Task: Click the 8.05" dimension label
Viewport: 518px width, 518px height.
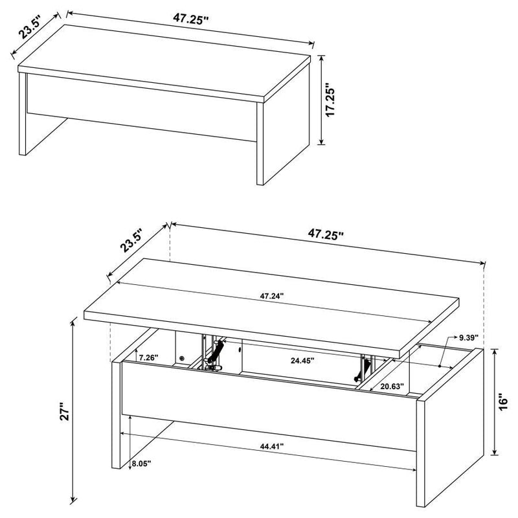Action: click(140, 464)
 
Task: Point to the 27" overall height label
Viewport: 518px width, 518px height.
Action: click(63, 414)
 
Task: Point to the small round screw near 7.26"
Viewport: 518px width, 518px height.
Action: click(183, 357)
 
